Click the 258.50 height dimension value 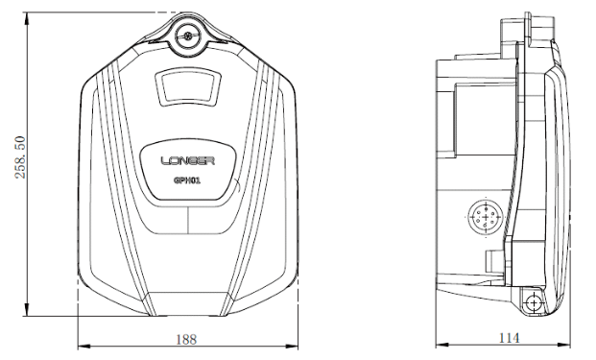tap(20, 157)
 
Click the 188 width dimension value tap(186, 339)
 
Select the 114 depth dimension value tap(509, 338)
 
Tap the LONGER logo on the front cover tap(188, 161)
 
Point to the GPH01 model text tap(187, 180)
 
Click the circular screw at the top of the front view tap(188, 36)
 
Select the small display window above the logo tap(188, 86)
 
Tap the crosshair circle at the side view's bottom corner tap(534, 303)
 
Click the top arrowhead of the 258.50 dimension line tap(27, 18)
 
